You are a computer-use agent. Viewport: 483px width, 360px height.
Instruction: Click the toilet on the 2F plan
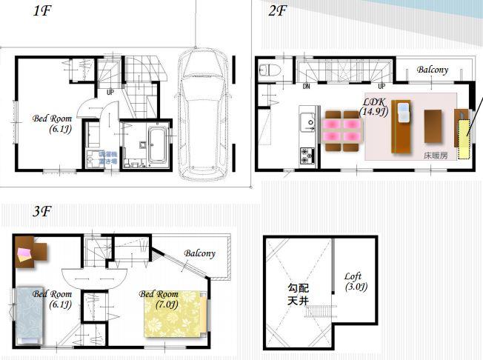click(x=268, y=71)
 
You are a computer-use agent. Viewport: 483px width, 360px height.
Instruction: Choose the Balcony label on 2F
click(x=432, y=70)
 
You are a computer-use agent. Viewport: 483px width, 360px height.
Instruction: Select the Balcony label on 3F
click(x=200, y=253)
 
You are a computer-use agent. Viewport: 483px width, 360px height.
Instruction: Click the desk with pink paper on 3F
click(x=30, y=252)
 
